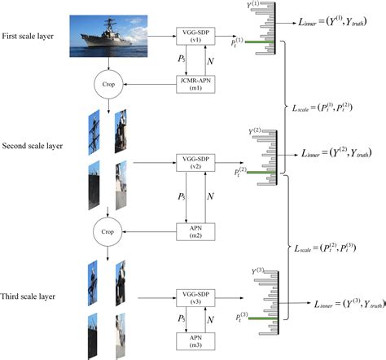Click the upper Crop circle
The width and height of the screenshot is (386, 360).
click(x=107, y=84)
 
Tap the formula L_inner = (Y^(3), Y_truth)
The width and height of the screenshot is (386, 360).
click(x=341, y=302)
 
